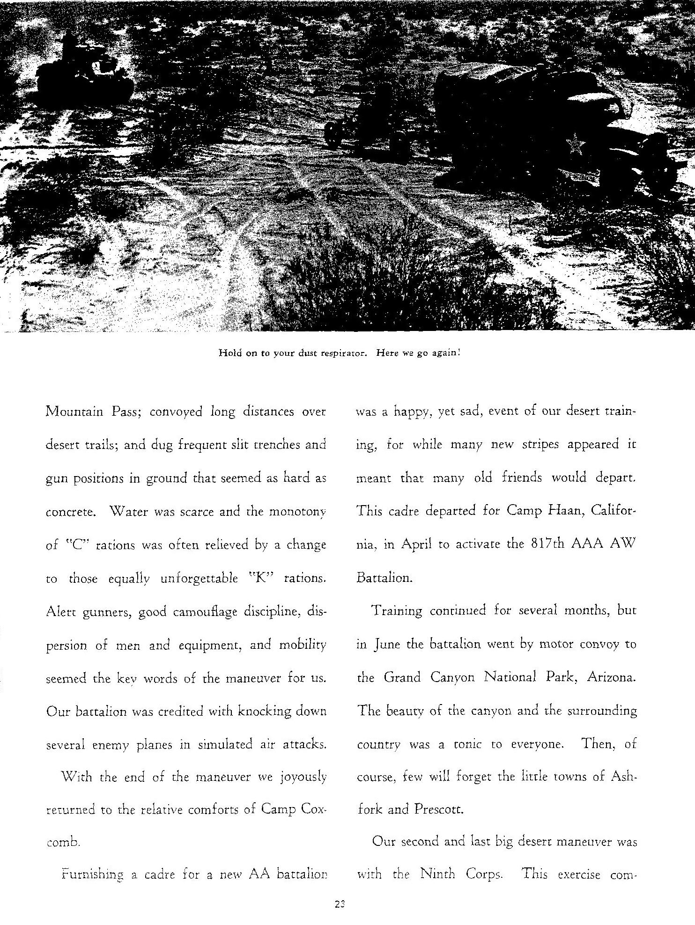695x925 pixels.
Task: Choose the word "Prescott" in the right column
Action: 438,809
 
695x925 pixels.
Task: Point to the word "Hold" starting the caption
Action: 230,353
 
